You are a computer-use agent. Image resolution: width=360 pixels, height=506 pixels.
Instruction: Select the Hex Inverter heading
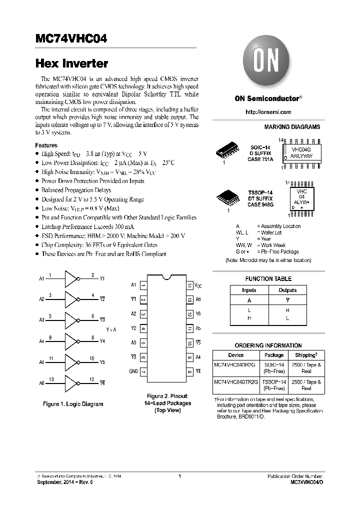72,63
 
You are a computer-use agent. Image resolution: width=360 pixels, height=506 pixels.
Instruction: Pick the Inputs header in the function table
249,290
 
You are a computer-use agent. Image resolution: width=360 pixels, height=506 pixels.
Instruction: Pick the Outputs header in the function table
287,290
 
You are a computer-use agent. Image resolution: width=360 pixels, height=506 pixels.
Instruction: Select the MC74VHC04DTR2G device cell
236,382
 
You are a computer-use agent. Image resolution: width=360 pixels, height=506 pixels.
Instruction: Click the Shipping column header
306,355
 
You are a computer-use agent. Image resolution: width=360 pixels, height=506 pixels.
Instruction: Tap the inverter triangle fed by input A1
72,278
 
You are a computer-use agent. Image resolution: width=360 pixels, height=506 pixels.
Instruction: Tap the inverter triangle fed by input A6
72,382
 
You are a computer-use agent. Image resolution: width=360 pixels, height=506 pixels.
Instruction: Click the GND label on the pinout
133,371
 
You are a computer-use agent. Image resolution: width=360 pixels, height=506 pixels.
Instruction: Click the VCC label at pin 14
198,285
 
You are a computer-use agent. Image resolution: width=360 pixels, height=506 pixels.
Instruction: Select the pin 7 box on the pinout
143,371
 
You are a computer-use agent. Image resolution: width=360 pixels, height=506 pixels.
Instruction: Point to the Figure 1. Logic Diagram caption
73,404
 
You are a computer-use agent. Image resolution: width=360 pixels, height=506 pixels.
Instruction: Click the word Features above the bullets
46,144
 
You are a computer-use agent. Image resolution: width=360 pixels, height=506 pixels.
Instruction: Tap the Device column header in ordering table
236,355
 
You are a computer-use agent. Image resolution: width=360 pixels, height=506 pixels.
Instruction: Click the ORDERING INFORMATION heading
268,345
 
